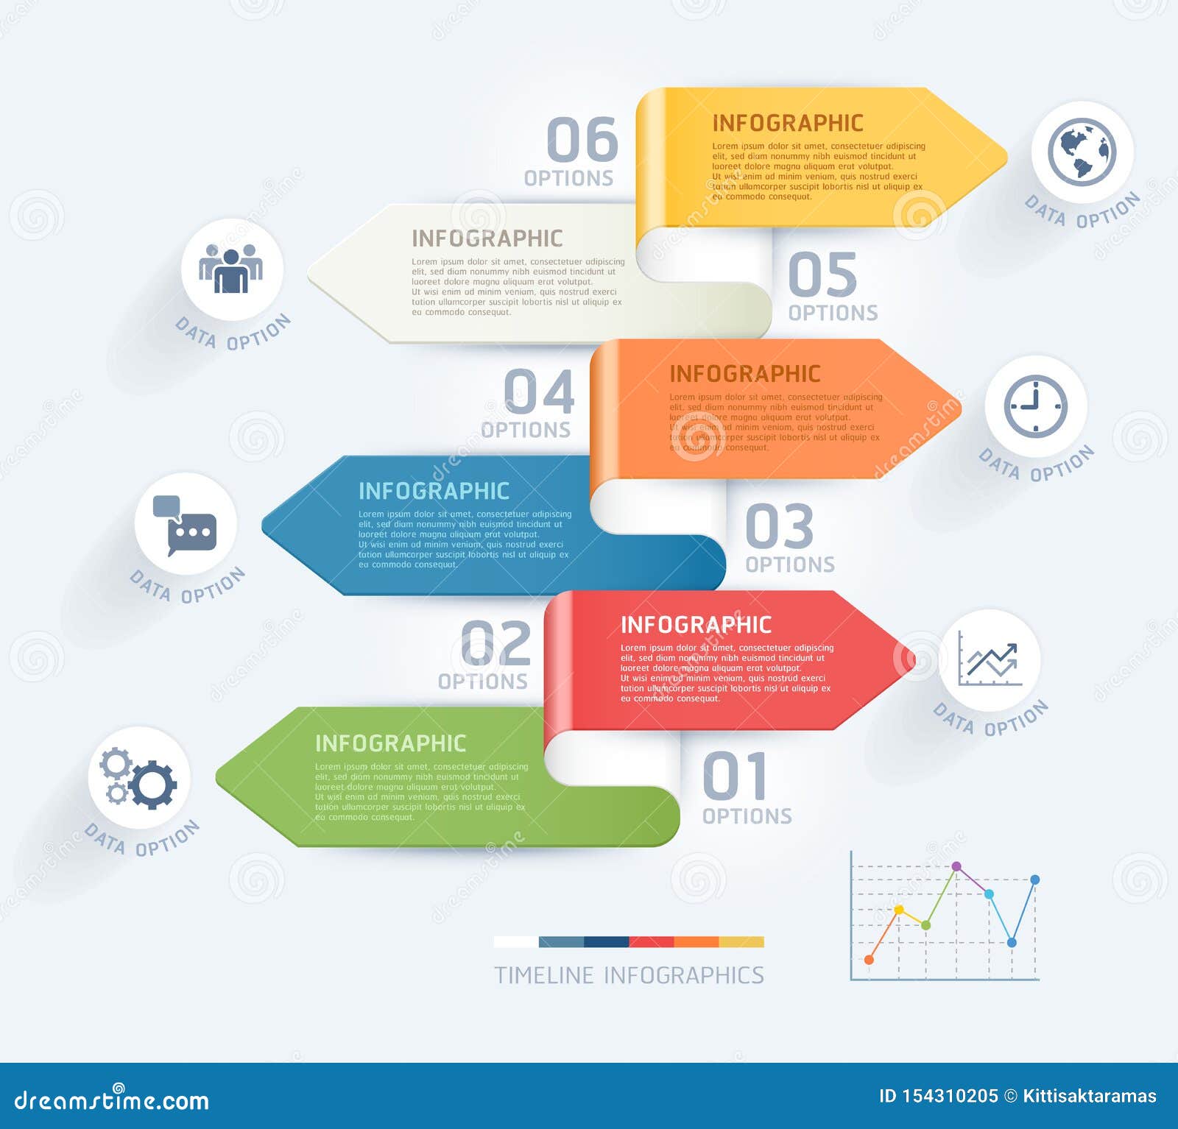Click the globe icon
coord(1082,152)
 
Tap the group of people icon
coord(231,269)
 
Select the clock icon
coord(1035,406)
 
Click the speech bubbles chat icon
coord(185,525)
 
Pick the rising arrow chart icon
coord(990,660)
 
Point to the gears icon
coord(138,779)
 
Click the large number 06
coord(582,139)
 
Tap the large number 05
coord(822,275)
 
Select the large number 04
coord(539,392)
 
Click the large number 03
coord(779,526)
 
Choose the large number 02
coord(495,643)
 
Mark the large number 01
coord(735,776)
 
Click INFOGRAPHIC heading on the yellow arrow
coord(787,123)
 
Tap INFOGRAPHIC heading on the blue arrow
coord(434,491)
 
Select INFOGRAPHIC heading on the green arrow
coord(390,743)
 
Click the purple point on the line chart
coord(956,866)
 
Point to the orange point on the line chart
coord(870,960)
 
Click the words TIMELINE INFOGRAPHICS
coord(629,975)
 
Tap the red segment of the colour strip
coord(652,942)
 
